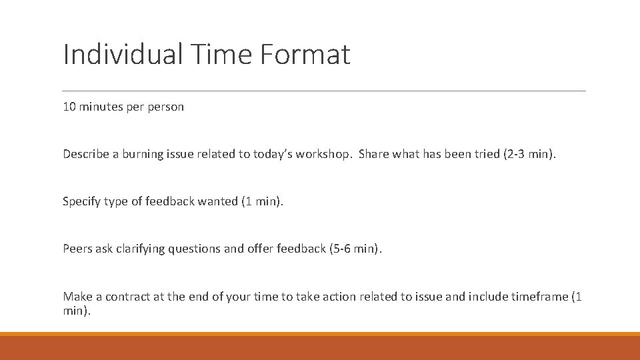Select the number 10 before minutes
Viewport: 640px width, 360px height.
coord(69,107)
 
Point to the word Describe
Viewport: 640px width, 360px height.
coord(86,154)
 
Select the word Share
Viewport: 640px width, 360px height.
coord(374,154)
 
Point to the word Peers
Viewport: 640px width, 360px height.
coord(77,249)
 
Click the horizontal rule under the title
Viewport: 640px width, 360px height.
coord(323,91)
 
